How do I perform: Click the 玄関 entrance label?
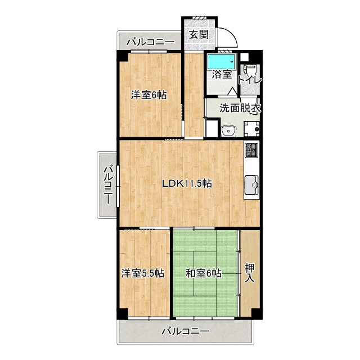click(x=199, y=35)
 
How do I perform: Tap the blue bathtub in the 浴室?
click(x=222, y=61)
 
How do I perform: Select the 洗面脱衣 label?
click(x=240, y=108)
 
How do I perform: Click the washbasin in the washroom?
click(x=228, y=131)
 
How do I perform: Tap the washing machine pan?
click(x=251, y=129)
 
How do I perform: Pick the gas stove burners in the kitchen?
click(x=251, y=150)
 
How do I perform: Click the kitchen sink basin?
click(x=251, y=185)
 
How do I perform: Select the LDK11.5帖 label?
click(x=187, y=183)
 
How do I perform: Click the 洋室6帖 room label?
click(x=148, y=95)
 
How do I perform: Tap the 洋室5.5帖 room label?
click(x=142, y=273)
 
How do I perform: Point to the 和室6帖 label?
click(x=204, y=273)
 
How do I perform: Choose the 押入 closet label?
click(x=249, y=273)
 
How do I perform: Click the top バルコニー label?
click(x=151, y=42)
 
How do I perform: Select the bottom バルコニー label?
click(x=186, y=331)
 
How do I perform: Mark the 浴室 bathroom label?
click(x=221, y=74)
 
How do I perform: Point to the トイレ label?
click(x=250, y=80)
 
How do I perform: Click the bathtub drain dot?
click(x=232, y=61)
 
